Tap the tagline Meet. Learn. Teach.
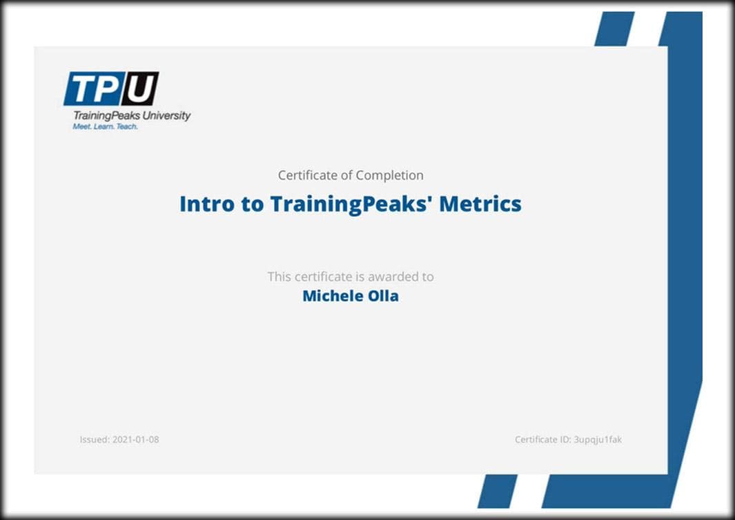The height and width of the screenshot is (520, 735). (x=105, y=126)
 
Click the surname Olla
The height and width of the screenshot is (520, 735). (x=384, y=296)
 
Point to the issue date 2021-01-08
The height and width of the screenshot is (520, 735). (x=136, y=439)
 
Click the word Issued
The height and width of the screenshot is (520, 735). (x=95, y=439)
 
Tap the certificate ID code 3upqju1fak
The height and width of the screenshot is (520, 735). (x=598, y=440)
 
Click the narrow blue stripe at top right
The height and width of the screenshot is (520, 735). (x=614, y=28)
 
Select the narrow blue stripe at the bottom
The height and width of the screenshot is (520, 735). (x=498, y=491)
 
